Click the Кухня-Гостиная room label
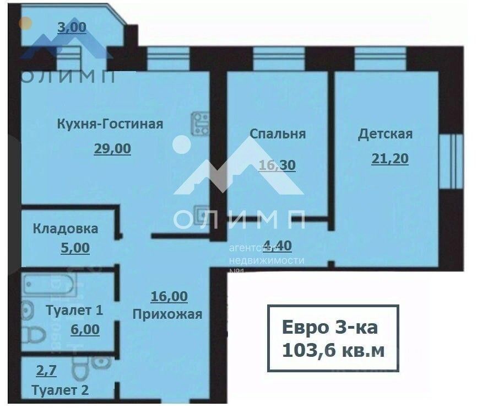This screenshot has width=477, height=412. [x=110, y=124]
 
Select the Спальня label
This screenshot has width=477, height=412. [x=278, y=134]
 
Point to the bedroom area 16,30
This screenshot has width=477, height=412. [x=277, y=164]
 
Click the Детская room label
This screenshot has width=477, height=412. [x=385, y=134]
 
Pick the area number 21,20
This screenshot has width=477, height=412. [x=390, y=159]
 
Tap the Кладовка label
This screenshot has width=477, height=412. [x=66, y=228]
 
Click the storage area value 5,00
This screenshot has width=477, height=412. [x=74, y=248]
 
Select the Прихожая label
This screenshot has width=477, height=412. [x=167, y=314]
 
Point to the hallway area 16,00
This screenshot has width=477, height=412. [x=169, y=297]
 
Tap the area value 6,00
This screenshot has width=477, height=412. [x=85, y=330]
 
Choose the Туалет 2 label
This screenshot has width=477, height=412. [x=61, y=390]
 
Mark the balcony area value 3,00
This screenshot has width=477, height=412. [x=72, y=28]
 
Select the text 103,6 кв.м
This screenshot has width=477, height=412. [x=333, y=350]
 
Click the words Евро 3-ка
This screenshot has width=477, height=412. [x=330, y=328]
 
